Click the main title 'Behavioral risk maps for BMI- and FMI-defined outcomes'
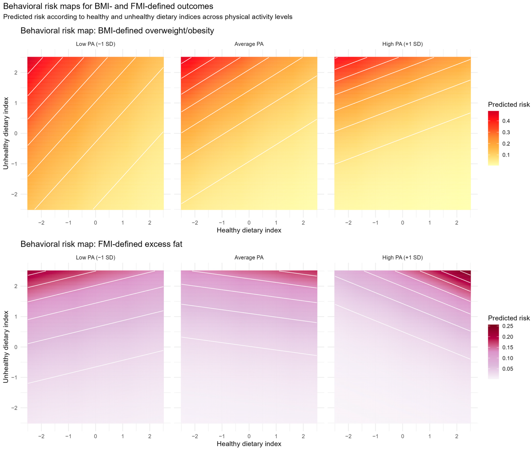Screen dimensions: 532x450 108,6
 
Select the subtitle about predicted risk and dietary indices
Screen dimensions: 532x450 148,17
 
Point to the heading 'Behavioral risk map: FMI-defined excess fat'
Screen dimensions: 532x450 101,244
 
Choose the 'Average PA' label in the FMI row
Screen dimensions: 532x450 249,257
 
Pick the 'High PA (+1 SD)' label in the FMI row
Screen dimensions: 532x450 402,257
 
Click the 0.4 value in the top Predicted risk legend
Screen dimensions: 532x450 506,121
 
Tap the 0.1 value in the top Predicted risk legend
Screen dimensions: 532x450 506,155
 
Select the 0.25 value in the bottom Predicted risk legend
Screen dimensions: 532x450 508,326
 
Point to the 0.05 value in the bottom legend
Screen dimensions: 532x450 508,369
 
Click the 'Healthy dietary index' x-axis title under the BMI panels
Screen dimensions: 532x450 249,230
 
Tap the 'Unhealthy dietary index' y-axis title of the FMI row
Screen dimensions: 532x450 6,347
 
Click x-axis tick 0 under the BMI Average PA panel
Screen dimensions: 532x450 249,223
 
